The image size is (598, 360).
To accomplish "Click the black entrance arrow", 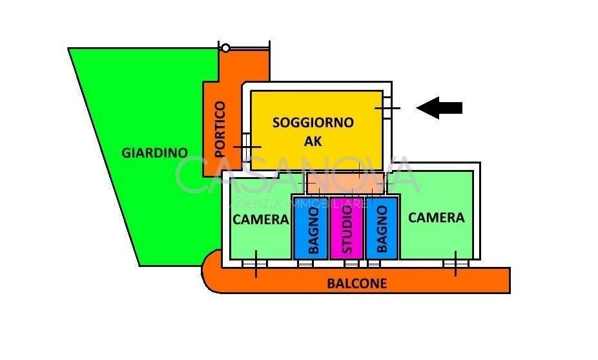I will point(440,108).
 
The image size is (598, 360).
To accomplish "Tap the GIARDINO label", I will point(154,153).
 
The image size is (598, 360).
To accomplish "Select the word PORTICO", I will point(220,129).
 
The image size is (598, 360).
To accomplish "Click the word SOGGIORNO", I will point(313,122).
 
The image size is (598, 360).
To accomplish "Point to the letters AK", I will point(313,141).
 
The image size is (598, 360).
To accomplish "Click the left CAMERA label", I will point(260,219).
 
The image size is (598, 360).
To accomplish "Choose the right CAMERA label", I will point(436,217).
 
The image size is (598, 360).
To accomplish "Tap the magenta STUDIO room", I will point(347,228).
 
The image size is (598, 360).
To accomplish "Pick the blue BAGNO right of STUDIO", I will point(382,228).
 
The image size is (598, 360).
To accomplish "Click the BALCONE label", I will point(356,283).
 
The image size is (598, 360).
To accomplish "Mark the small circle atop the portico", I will point(225,48).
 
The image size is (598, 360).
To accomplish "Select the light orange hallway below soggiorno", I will point(345,183).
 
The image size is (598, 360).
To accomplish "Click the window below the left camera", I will point(256,264).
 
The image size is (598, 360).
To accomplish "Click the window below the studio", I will point(351,264).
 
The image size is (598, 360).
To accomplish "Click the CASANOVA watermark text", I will point(298,176).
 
